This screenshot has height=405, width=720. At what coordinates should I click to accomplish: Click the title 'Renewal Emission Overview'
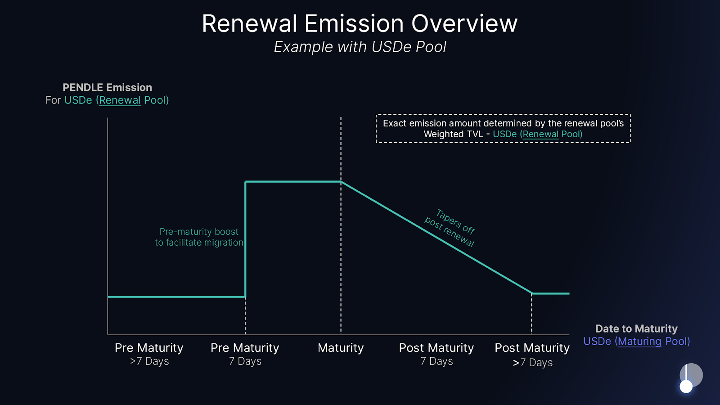360,24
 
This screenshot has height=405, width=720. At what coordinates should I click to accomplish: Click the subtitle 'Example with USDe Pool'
360,47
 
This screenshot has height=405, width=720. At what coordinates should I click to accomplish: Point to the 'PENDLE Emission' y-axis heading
107,87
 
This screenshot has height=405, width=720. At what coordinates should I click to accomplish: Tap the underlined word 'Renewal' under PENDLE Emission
120,100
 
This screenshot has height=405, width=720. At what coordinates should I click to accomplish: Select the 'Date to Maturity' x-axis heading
636,328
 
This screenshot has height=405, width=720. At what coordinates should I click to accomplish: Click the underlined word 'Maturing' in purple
639,342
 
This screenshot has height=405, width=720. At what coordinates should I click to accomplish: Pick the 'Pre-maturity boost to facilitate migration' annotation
199,237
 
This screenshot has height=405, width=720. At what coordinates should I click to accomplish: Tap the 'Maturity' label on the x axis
340,348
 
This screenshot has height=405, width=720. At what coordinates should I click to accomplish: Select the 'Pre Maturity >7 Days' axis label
149,354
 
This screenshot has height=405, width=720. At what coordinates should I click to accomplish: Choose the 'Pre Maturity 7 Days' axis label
245,354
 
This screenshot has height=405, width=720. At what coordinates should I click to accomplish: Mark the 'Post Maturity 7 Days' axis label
436,354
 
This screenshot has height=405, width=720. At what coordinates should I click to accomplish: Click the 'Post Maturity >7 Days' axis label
532,355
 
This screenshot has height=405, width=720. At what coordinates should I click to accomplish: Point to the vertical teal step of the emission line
245,238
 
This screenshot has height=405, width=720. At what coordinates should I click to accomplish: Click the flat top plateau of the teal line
292,181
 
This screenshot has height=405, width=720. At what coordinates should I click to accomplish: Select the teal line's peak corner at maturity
341,181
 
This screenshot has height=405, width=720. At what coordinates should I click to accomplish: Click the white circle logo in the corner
686,386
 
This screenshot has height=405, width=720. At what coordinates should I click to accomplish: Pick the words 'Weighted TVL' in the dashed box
453,134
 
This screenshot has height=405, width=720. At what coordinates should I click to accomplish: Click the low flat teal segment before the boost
175,297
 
